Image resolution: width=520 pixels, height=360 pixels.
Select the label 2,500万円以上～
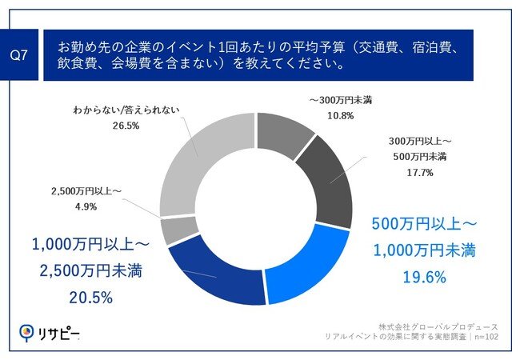(83, 192)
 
